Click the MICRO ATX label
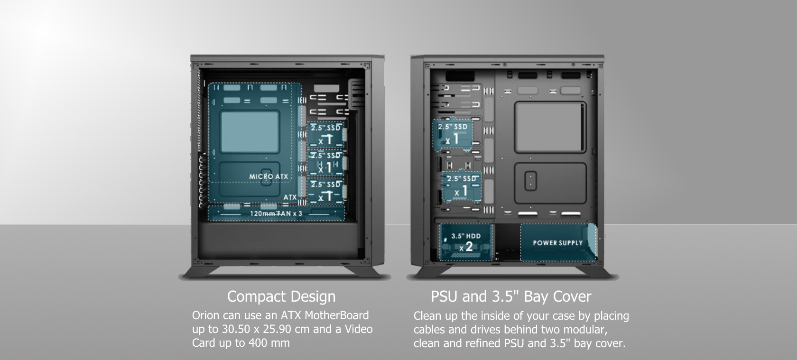click(x=269, y=176)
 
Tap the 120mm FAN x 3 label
click(x=276, y=213)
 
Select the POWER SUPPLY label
click(x=557, y=243)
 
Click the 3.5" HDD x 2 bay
click(x=466, y=243)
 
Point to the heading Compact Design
click(x=281, y=296)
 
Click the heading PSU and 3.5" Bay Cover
click(x=511, y=296)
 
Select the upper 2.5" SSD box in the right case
click(x=453, y=134)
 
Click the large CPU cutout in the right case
click(x=550, y=127)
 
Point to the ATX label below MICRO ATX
click(x=290, y=197)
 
